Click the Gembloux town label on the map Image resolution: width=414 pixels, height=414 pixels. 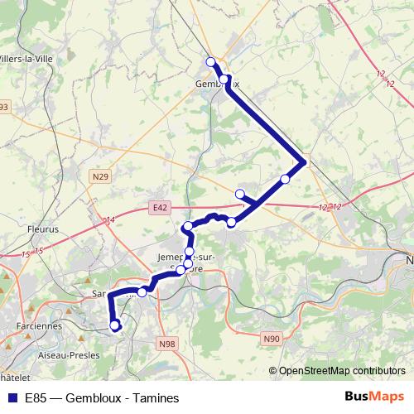(216, 84)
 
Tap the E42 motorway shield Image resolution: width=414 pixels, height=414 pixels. (160, 207)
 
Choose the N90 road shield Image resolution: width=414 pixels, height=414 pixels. (272, 338)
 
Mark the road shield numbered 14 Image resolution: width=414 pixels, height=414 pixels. (109, 220)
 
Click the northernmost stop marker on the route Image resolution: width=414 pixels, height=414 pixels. (210, 61)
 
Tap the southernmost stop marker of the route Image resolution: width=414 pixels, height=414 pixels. (114, 325)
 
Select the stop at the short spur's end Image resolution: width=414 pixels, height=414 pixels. (240, 194)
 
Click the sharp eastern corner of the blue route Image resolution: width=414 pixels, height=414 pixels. (306, 161)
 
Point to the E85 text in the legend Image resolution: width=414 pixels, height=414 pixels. (36, 397)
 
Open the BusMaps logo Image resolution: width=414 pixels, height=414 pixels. (374, 397)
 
